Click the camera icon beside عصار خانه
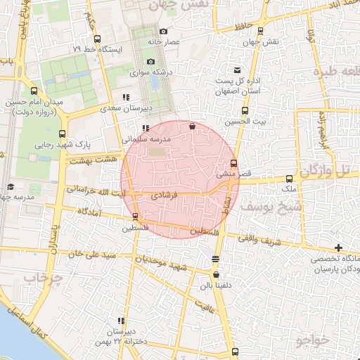point(164,31)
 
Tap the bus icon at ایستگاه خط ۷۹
point(96,39)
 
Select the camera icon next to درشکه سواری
point(150,62)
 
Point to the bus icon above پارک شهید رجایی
point(63,133)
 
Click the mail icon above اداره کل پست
point(237,70)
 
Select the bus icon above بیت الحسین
point(245,110)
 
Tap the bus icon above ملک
point(288,179)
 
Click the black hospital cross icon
point(340,247)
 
